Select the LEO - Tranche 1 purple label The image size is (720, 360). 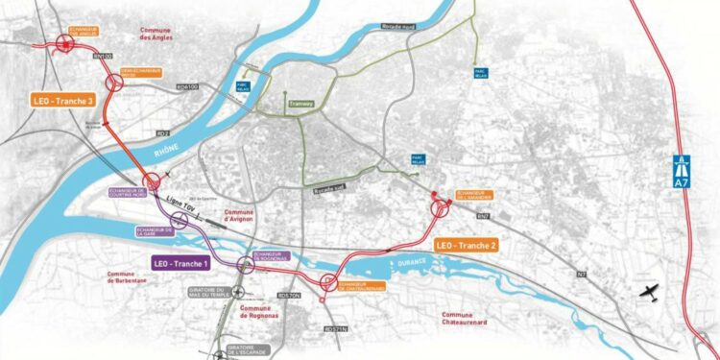coord(182,262)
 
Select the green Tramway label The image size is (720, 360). coord(300,104)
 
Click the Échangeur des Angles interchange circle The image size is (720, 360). coord(66,42)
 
